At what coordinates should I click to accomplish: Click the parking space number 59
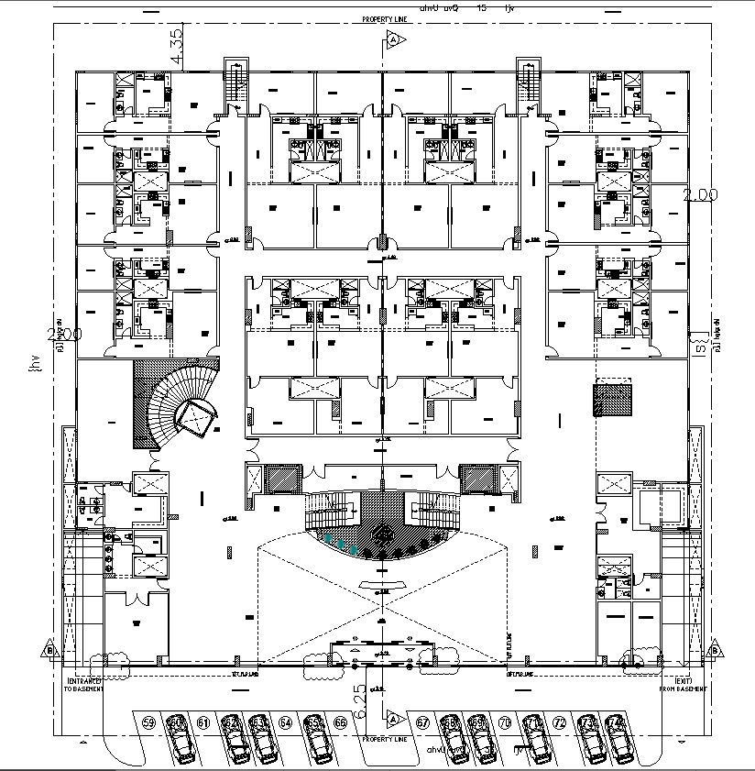(149, 722)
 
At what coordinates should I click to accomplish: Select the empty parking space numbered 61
(203, 722)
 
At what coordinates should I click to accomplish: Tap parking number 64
(286, 722)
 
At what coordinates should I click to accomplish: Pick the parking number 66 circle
(340, 722)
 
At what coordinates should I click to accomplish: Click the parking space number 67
(422, 722)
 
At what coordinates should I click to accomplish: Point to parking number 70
(504, 722)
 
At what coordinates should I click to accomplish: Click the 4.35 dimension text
(177, 46)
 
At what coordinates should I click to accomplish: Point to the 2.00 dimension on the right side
(700, 194)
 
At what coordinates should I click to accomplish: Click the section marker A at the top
(393, 39)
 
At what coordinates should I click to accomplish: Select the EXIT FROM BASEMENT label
(683, 685)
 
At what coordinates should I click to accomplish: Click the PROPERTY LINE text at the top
(383, 19)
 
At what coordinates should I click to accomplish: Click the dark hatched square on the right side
(611, 401)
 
